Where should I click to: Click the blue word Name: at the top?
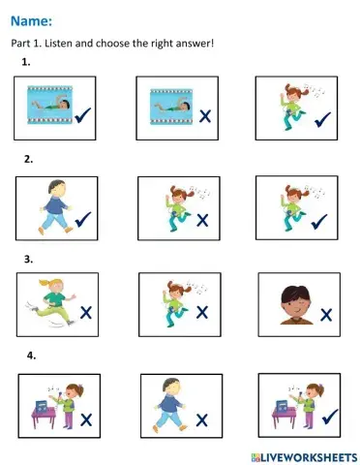(31, 21)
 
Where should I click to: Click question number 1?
(26, 62)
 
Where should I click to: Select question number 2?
(28, 159)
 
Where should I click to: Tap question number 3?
(28, 259)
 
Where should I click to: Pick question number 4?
(31, 356)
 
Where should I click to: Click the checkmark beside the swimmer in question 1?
(83, 115)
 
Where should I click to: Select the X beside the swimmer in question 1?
(205, 116)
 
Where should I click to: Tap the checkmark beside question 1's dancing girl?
(322, 119)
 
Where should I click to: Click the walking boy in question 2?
(55, 206)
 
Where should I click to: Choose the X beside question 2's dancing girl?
(202, 221)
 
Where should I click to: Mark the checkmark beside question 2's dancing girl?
(319, 222)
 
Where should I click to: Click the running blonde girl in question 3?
(51, 302)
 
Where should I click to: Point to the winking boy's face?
(296, 304)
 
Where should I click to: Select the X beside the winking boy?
(326, 315)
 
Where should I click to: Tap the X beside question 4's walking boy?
(201, 420)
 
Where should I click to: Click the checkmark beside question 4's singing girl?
(330, 417)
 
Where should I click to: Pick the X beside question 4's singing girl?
(86, 420)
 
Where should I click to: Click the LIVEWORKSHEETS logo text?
(305, 457)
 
